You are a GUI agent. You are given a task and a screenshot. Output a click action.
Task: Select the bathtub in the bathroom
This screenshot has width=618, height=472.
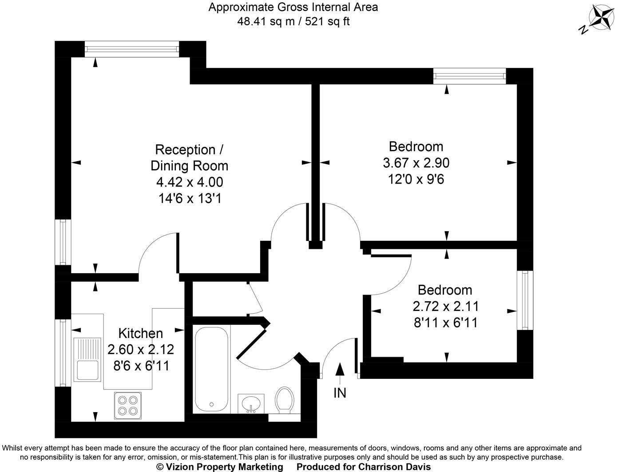click(x=211, y=368)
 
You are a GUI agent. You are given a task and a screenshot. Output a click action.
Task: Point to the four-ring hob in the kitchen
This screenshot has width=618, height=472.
click(x=127, y=405)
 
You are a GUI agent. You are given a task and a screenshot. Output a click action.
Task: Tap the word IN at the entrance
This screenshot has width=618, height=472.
click(x=340, y=393)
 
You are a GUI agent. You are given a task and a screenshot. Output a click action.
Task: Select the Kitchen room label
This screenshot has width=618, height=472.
click(x=140, y=333)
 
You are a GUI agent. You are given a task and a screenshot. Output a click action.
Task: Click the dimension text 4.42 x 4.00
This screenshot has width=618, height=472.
click(x=190, y=182)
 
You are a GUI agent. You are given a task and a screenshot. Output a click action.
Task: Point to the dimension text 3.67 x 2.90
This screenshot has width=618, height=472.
click(x=416, y=163)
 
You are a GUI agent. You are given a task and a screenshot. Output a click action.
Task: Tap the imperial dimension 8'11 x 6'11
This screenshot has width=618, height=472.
click(x=445, y=323)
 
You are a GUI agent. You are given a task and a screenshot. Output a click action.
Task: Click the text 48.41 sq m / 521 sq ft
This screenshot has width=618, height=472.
click(x=293, y=21)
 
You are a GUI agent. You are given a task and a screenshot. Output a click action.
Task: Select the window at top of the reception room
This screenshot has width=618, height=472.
click(x=132, y=49)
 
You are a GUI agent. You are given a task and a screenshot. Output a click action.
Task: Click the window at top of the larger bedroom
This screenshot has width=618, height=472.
click(x=470, y=76)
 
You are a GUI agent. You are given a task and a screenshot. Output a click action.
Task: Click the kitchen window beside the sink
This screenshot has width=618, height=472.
click(x=63, y=353)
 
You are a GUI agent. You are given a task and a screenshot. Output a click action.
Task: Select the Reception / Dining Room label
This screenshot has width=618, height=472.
click(x=189, y=157)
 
